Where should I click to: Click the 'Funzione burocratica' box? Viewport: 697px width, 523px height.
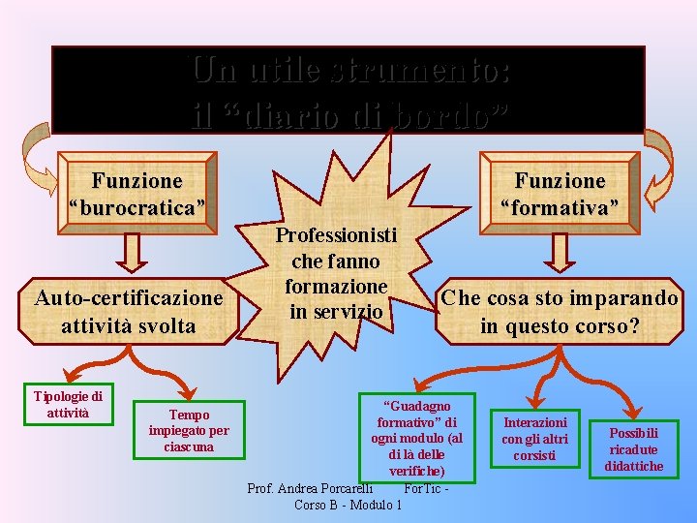click(x=136, y=193)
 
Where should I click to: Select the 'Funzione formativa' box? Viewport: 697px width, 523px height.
click(x=560, y=193)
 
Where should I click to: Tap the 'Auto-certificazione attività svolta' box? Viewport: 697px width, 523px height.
click(x=129, y=311)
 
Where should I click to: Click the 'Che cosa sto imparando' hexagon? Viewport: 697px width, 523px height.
click(x=560, y=311)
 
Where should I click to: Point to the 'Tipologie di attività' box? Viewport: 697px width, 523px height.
click(x=68, y=404)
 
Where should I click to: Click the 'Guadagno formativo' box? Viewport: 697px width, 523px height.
click(x=416, y=436)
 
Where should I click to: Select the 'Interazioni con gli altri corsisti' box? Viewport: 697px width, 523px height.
click(x=534, y=439)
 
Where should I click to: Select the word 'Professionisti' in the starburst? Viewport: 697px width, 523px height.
click(x=336, y=235)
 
